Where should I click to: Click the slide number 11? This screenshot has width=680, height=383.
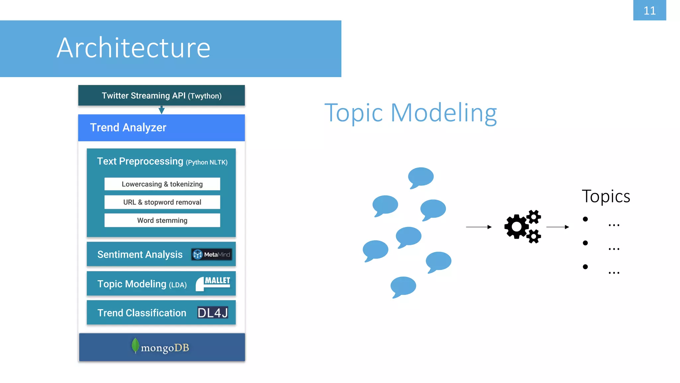(x=649, y=10)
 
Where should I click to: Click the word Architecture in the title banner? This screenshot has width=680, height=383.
(x=133, y=48)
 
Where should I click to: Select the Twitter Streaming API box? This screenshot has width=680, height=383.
(x=161, y=95)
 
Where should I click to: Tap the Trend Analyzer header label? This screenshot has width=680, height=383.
(x=128, y=127)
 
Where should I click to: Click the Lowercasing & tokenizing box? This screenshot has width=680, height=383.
(x=162, y=184)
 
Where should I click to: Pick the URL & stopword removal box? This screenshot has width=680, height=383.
(x=162, y=202)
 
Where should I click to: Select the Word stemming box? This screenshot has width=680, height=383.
(x=162, y=220)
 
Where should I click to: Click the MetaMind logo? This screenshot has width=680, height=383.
(x=212, y=254)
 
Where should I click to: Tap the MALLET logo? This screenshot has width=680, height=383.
(x=213, y=283)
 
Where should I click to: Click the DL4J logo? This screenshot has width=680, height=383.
(x=212, y=313)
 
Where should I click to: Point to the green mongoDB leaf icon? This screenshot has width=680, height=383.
(x=135, y=345)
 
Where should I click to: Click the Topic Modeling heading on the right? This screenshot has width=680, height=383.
(x=410, y=113)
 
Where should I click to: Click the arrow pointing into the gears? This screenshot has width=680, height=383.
(x=478, y=227)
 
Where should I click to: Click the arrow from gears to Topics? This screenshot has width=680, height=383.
(x=557, y=227)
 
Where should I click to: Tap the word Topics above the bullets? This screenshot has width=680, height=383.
(x=606, y=196)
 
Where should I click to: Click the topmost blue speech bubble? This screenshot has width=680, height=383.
(x=420, y=177)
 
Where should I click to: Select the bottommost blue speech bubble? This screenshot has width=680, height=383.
(x=403, y=286)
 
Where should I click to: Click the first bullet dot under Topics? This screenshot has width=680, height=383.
(x=585, y=219)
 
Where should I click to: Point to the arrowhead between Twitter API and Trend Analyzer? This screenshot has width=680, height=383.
(x=161, y=110)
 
